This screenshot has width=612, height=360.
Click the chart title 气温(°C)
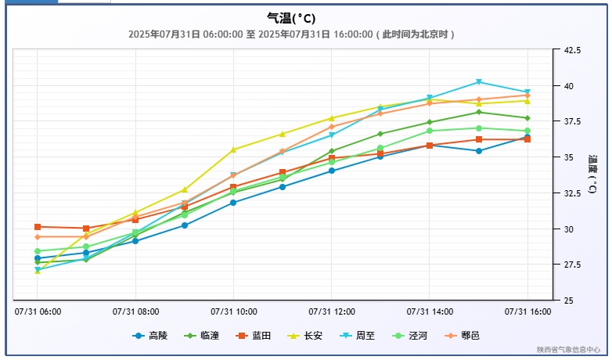[291, 18]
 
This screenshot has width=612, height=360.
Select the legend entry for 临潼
[201, 336]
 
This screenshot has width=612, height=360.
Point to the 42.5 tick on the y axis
[572, 50]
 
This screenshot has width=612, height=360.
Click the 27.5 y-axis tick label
[572, 265]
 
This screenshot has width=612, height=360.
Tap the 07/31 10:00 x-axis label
[233, 311]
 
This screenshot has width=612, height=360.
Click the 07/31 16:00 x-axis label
[527, 311]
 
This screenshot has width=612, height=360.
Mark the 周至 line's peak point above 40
[478, 82]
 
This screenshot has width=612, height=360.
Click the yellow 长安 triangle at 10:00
[233, 149]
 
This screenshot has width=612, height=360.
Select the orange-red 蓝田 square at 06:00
[38, 227]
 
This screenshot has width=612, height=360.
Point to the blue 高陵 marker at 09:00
[185, 225]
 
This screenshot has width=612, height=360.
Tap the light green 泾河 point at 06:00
[38, 251]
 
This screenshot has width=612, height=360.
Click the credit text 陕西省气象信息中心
[568, 350]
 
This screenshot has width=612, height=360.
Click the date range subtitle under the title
[291, 34]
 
